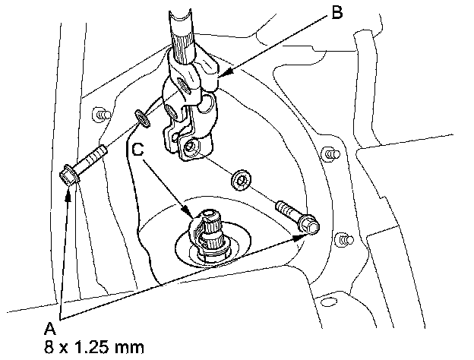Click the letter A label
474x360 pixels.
click(x=49, y=329)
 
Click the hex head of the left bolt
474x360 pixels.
click(x=66, y=178)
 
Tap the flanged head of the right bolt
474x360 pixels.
click(x=310, y=225)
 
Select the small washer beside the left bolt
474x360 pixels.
click(x=142, y=117)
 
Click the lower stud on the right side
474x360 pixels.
click(x=344, y=240)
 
